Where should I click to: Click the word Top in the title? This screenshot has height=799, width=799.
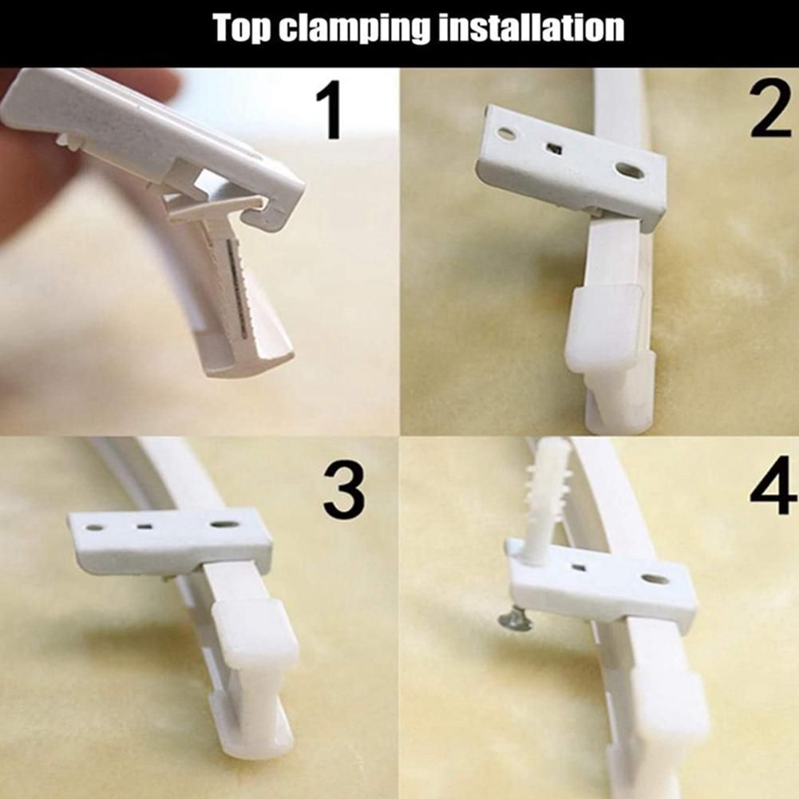(x=243, y=29)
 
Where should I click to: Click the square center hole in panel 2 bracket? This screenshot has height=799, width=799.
(x=553, y=148)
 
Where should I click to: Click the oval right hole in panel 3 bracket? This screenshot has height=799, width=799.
(x=223, y=524)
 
